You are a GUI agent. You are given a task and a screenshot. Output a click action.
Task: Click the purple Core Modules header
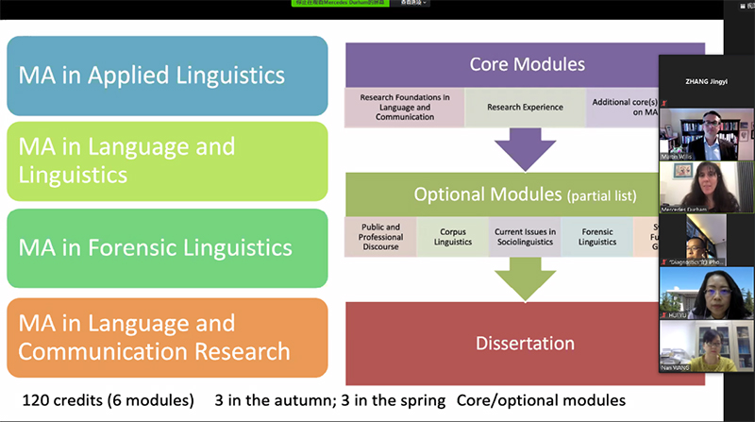pos(527,65)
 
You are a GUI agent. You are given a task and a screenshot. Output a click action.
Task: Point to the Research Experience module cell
pos(525,108)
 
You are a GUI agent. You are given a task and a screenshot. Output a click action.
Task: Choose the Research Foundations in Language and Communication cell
pos(404,108)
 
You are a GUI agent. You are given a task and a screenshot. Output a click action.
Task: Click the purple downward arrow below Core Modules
pos(526,149)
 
